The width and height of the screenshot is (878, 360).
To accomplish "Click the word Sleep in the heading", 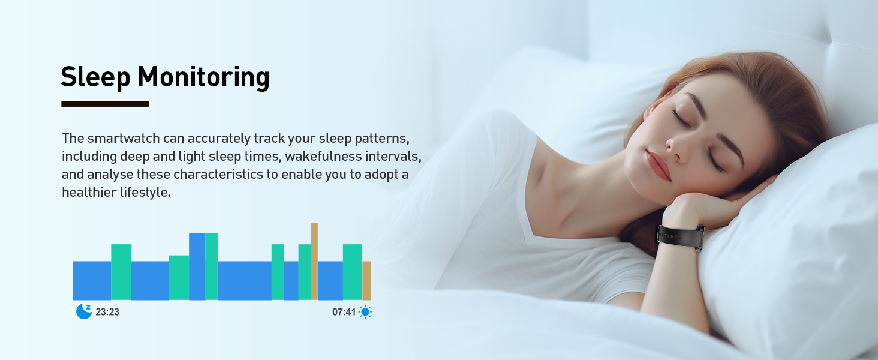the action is click(95, 77).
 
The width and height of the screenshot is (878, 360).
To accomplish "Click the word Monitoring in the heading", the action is click(203, 77).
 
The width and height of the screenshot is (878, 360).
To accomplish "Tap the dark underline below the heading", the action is click(105, 104).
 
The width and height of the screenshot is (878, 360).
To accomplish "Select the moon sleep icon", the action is click(84, 311).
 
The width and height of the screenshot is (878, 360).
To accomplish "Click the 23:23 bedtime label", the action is click(107, 312).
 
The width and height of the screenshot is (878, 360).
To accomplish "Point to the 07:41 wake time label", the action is click(344, 312).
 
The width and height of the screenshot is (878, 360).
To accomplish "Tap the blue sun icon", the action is click(365, 312).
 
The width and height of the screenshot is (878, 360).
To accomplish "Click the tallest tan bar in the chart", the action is click(314, 262).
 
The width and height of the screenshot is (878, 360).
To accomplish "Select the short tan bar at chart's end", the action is click(366, 281).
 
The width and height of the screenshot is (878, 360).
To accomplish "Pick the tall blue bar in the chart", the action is click(197, 266).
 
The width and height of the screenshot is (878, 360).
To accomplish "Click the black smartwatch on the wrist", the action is click(681, 237).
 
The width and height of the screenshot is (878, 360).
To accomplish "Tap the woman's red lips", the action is click(658, 165).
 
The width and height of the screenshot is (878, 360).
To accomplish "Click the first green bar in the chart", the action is click(121, 272).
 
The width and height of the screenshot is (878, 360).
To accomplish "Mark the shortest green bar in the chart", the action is click(179, 278).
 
